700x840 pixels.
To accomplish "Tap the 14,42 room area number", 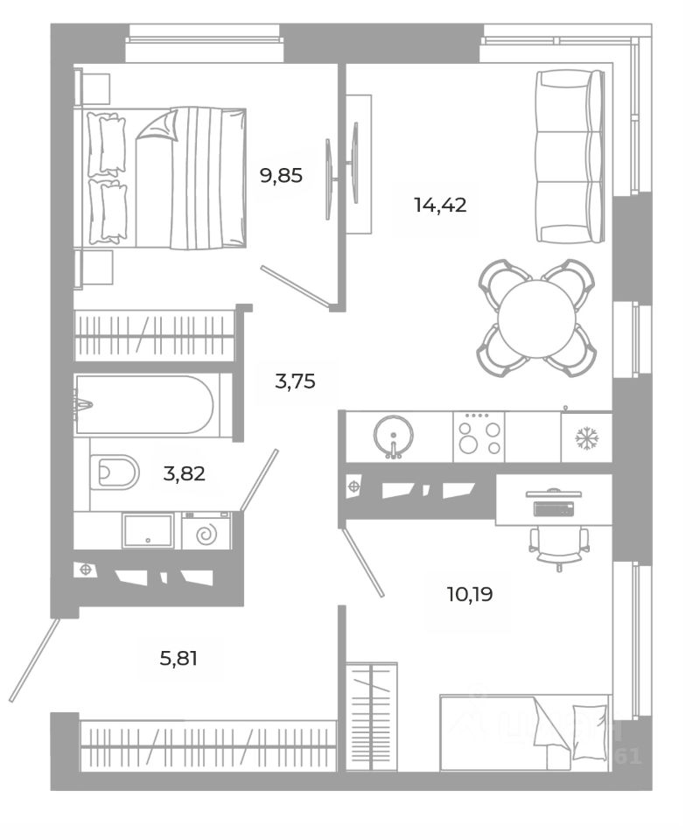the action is point(440,206).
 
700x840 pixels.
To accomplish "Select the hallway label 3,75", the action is point(295,381).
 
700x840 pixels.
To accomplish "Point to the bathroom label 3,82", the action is point(184,473).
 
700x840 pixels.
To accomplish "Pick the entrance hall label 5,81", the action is point(178,656).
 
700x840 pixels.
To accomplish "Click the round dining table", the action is point(537,318).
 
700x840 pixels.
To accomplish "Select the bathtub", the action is point(144,405).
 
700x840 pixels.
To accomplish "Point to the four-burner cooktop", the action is point(479,436).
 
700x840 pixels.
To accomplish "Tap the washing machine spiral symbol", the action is point(206,531).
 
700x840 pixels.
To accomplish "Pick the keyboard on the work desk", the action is point(553,507).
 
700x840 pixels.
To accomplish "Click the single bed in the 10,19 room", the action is point(523,732).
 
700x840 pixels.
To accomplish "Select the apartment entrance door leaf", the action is point(34,660).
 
